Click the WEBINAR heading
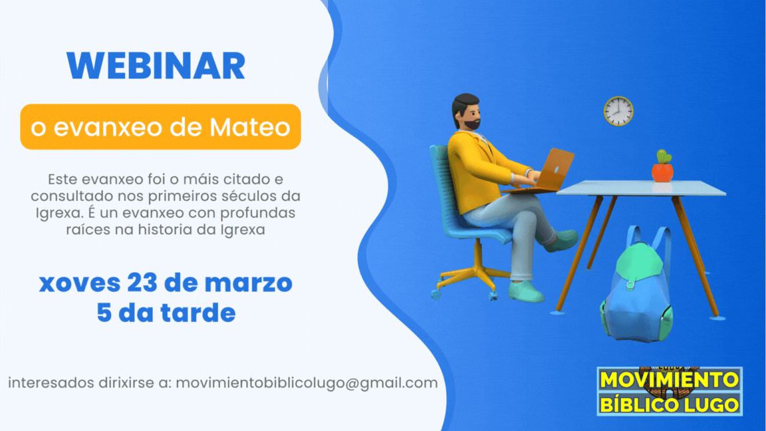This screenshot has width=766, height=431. [156, 66]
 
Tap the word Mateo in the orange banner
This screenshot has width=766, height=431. [250, 127]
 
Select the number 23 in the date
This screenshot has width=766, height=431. [142, 283]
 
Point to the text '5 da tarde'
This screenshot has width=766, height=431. [166, 313]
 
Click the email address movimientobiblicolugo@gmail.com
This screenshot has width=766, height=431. [307, 383]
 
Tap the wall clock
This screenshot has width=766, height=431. [618, 112]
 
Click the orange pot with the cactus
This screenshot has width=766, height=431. [662, 167]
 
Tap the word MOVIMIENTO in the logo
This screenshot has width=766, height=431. [670, 380]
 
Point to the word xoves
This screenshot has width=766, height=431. [80, 283]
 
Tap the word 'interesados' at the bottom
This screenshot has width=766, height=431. [51, 382]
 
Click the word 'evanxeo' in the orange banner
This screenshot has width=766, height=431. [108, 128]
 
